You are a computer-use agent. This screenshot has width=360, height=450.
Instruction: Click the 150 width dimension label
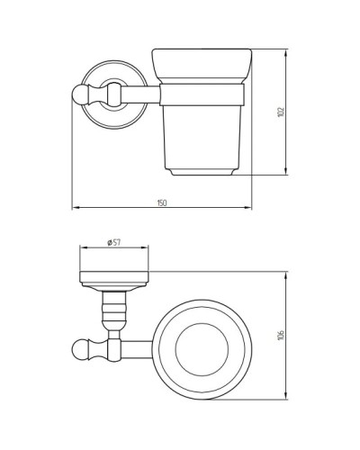162,202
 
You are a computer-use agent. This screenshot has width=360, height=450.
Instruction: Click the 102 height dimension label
281,111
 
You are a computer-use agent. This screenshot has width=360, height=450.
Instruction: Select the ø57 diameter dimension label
114,242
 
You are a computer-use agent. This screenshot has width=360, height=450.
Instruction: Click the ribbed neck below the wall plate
114,308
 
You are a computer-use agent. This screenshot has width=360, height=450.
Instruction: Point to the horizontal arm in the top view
135,346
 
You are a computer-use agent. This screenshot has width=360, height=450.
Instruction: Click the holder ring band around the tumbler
203,92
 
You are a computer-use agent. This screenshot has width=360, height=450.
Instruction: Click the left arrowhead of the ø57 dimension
83,249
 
